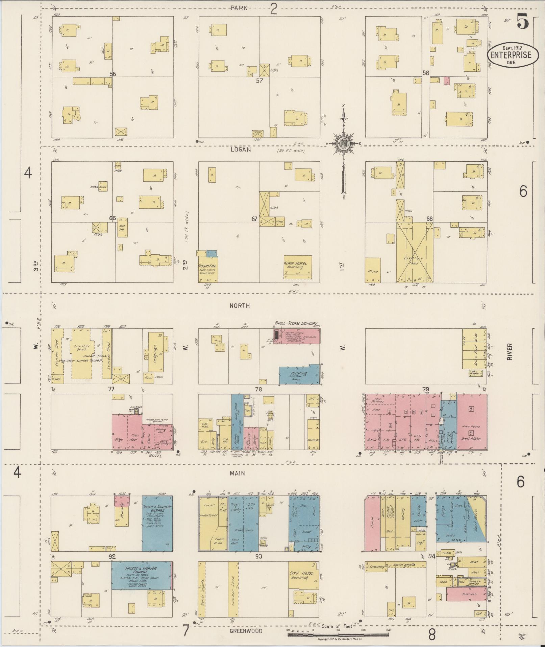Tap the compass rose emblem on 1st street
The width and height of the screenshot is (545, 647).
point(343,143)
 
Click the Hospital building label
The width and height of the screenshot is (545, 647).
point(207,266)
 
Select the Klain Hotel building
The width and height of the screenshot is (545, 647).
point(297,267)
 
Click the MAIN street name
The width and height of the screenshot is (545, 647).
point(237,473)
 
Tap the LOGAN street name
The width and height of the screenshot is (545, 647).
point(241,149)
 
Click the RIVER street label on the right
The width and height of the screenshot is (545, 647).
point(509,352)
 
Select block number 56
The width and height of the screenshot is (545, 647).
point(113,74)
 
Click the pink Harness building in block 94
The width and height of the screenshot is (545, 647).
point(467,594)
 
